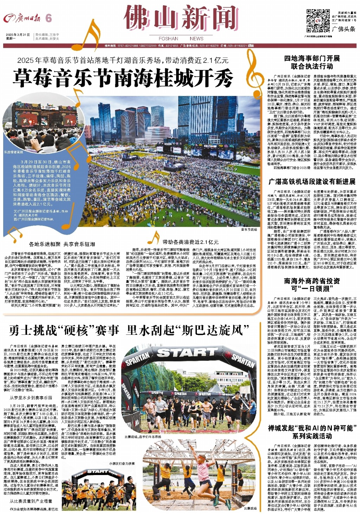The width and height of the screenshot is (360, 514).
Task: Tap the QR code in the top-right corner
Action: tap(318, 21)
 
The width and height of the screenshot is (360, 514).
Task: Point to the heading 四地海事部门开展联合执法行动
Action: tap(312, 62)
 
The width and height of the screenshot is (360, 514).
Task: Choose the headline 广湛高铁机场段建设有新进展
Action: tap(312, 182)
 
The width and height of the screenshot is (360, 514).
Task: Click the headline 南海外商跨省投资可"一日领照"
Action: tap(312, 285)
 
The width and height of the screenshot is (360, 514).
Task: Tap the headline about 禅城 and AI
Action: tap(312, 431)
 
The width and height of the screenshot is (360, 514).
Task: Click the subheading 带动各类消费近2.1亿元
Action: tap(190, 242)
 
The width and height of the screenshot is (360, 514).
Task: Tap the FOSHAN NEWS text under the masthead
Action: tap(181, 39)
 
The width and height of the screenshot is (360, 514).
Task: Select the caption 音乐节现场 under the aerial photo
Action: tap(249, 229)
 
